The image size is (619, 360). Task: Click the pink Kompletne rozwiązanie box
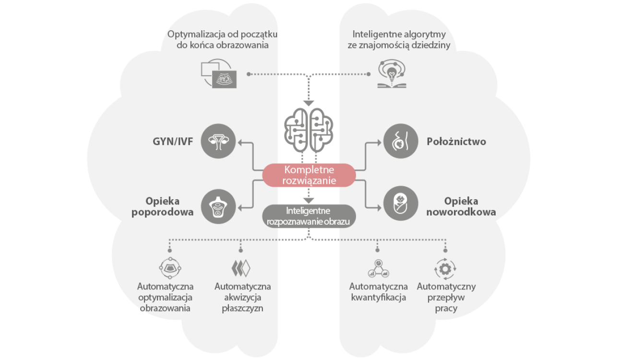(x=309, y=175)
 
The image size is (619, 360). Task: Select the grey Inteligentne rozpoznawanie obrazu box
(x=309, y=216)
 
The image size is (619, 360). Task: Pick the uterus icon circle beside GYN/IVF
(x=219, y=141)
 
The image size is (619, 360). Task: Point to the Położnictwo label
(x=456, y=142)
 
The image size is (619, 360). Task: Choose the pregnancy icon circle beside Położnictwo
(x=401, y=141)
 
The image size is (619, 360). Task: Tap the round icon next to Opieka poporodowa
(x=219, y=207)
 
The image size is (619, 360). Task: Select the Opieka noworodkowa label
(x=461, y=207)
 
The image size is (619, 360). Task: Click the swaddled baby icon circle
(x=401, y=207)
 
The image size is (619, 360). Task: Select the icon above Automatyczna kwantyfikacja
(x=378, y=268)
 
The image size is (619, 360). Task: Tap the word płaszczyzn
(x=243, y=308)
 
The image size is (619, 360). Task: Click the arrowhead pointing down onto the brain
(x=309, y=103)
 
